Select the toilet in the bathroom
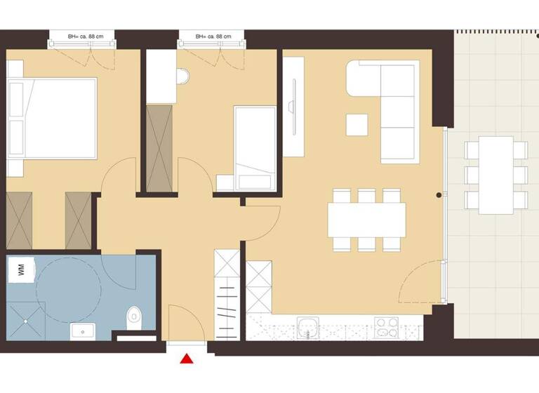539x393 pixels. [133, 319]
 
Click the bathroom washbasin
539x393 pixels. [83, 329]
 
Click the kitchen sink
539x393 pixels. [307, 326]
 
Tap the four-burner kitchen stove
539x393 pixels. [387, 326]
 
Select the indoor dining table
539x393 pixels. [366, 220]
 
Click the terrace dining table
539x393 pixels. [496, 174]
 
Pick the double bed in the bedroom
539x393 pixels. [52, 119]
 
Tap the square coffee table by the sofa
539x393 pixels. [357, 124]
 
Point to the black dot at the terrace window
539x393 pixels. [439, 194]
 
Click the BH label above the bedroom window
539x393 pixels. [81, 35]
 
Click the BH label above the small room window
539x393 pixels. [212, 35]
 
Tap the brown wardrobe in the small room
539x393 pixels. [160, 147]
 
